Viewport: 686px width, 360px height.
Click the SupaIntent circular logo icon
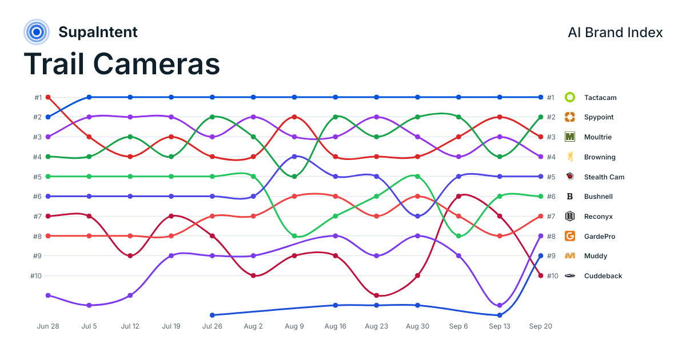[x=37, y=32]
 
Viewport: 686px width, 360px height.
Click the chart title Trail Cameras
[x=122, y=64]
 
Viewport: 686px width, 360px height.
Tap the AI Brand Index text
[x=615, y=33]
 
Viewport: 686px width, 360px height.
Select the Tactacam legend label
[x=600, y=98]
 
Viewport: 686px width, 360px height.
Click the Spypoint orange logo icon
[x=569, y=117]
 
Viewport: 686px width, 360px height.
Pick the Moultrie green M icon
[x=569, y=137]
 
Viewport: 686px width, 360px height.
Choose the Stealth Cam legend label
[x=604, y=177]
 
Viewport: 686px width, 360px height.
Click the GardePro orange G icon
[x=569, y=236]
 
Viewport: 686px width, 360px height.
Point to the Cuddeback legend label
[x=603, y=276]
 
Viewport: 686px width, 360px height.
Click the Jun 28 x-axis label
[x=48, y=326]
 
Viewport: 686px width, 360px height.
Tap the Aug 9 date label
[x=294, y=326]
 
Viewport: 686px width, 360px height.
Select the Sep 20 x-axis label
[x=541, y=326]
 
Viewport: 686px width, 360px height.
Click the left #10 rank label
[x=36, y=276]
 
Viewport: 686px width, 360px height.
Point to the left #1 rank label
[x=38, y=98]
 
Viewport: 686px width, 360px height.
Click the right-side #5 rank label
[x=551, y=177]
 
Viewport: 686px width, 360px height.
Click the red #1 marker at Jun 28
[x=48, y=97]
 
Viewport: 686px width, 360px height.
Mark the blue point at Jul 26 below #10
[x=212, y=315]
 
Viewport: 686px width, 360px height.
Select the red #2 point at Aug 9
[x=294, y=117]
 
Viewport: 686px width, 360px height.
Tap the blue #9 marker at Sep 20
[x=541, y=256]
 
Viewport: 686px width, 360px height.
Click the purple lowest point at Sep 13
[x=500, y=305]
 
